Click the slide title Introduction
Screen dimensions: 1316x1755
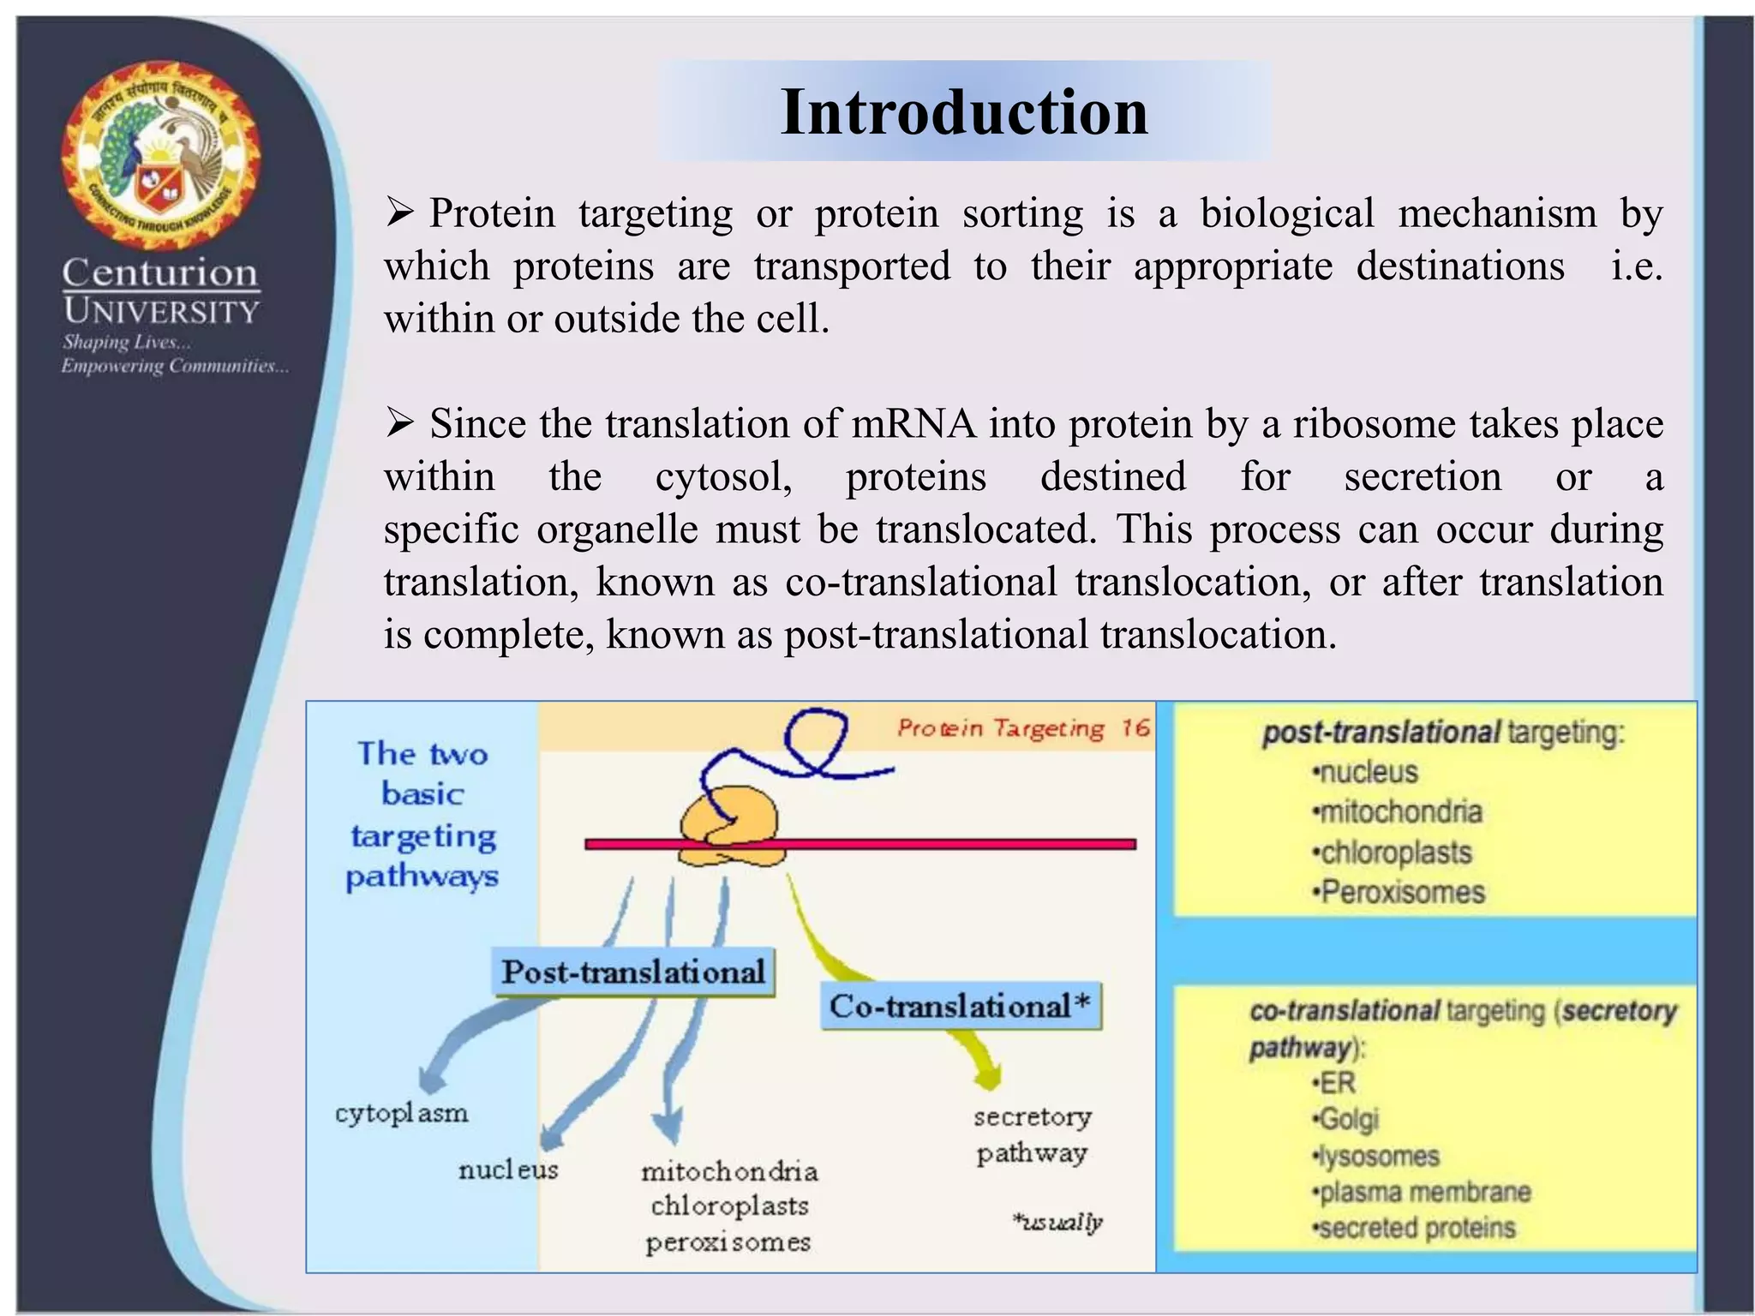(x=964, y=112)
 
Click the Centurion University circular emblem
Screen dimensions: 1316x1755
(x=161, y=155)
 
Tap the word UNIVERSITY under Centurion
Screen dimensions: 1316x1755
(x=161, y=312)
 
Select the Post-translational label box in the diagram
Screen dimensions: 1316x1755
(x=633, y=972)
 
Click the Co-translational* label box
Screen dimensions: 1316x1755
(x=960, y=1006)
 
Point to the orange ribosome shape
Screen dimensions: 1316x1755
(x=730, y=827)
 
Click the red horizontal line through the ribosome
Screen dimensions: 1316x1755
(x=943, y=845)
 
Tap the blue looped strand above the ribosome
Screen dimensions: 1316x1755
(x=814, y=745)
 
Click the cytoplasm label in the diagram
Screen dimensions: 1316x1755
(x=401, y=1114)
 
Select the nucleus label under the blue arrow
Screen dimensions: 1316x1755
(x=507, y=1170)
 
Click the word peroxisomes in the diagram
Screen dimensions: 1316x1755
(x=728, y=1242)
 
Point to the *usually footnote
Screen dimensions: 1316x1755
(x=1057, y=1223)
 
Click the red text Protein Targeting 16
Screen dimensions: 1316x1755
(x=1022, y=729)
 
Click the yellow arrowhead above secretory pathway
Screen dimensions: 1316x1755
(x=988, y=1076)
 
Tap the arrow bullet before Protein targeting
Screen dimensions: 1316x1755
(x=399, y=212)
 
